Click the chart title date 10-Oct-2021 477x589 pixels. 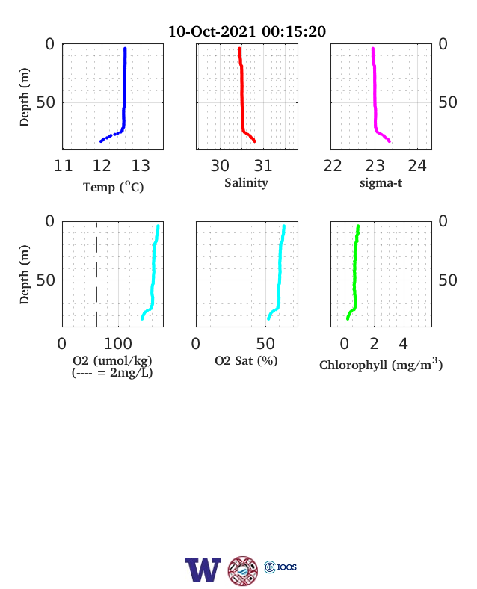[212, 31]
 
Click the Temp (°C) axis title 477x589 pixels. [114, 187]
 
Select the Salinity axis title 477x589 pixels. [247, 183]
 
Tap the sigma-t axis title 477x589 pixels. [381, 183]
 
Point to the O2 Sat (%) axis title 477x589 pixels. [246, 360]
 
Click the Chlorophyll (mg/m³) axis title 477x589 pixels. [381, 364]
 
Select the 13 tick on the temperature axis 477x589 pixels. [141, 166]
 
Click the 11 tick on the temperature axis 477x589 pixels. [63, 166]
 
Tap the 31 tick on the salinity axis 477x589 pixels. [263, 166]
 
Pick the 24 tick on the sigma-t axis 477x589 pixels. [417, 166]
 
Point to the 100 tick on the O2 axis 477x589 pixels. [118, 344]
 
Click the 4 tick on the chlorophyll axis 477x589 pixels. [404, 344]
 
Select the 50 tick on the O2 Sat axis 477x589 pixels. [265, 344]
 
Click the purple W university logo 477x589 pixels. [203, 570]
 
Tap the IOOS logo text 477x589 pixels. [287, 567]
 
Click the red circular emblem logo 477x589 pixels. [243, 571]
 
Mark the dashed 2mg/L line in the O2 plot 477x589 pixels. [96, 274]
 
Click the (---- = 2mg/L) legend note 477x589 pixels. [112, 373]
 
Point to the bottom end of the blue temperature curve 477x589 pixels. [101, 141]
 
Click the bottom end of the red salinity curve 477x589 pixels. [255, 141]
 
